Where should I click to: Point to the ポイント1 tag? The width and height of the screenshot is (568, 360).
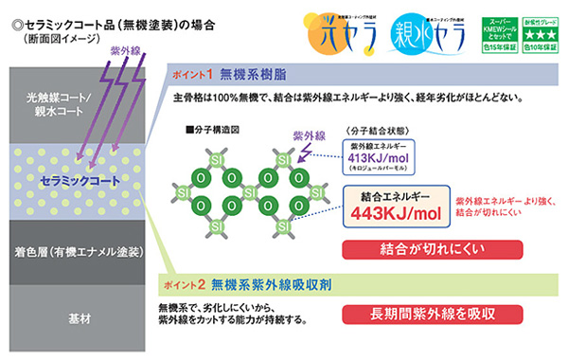(189, 74)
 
